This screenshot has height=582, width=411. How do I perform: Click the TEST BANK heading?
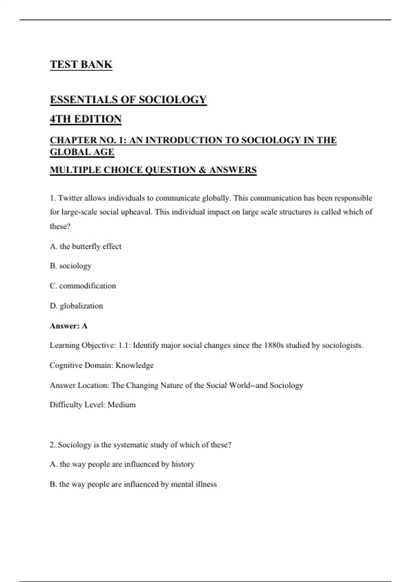81,64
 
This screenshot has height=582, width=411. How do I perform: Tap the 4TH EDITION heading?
86,119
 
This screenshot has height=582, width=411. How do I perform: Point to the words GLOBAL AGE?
82,152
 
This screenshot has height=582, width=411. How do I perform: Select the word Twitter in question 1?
70,198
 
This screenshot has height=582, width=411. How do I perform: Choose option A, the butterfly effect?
86,246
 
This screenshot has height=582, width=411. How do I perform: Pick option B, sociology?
71,266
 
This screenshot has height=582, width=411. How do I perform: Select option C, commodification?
83,286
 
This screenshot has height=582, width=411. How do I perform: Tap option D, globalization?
76,306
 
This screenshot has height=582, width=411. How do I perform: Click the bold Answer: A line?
68,326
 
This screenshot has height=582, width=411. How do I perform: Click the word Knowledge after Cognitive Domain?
134,366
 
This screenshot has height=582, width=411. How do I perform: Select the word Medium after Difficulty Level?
122,405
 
